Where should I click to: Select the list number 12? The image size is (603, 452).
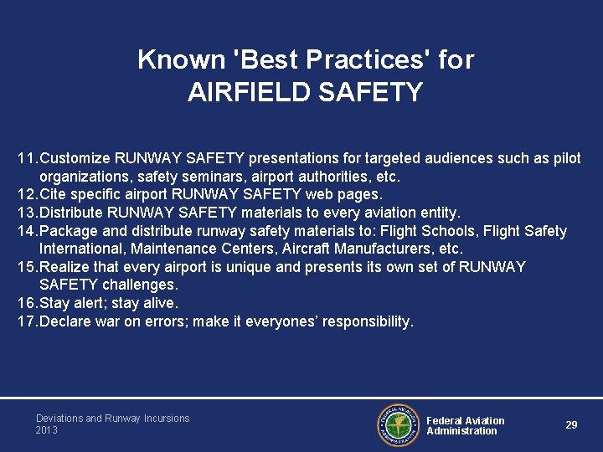click(x=26, y=195)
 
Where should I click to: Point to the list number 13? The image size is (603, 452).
click(x=26, y=213)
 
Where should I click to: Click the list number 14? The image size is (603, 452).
click(x=26, y=231)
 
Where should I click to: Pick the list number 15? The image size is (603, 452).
click(x=26, y=267)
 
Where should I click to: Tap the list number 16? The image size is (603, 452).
click(x=26, y=303)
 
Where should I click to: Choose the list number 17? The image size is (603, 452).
click(x=26, y=321)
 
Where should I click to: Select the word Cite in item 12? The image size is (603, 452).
click(x=54, y=195)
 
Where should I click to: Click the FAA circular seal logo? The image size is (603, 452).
click(x=398, y=425)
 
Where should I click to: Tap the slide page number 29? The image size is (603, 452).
click(x=571, y=425)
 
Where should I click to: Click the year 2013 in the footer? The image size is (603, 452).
click(x=47, y=430)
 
